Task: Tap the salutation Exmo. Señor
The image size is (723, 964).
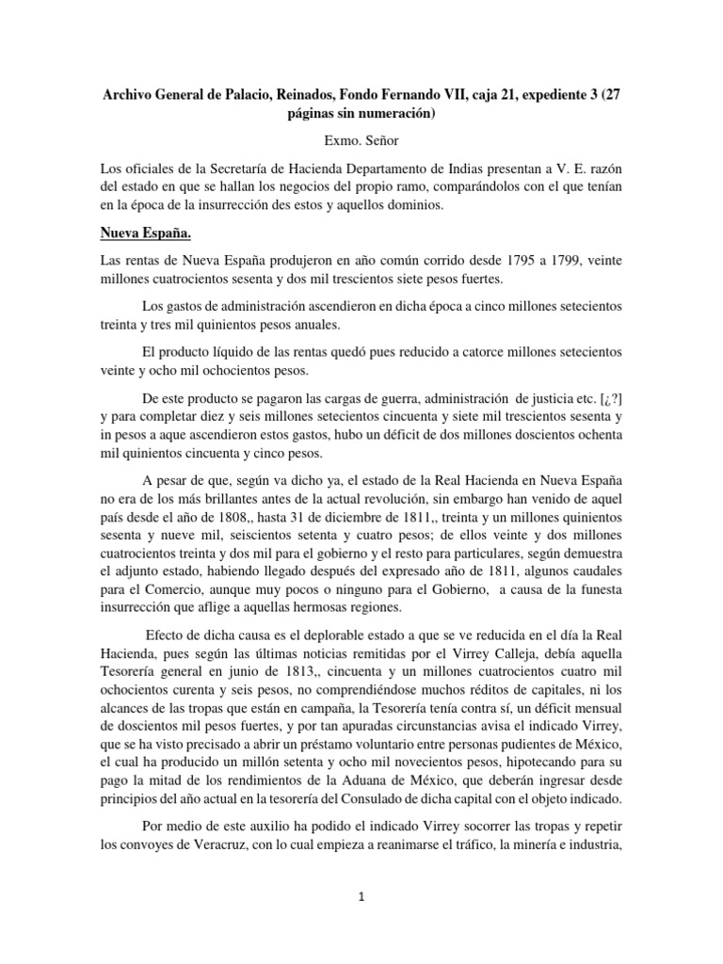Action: [361, 139]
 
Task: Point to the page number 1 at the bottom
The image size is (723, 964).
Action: [361, 896]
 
